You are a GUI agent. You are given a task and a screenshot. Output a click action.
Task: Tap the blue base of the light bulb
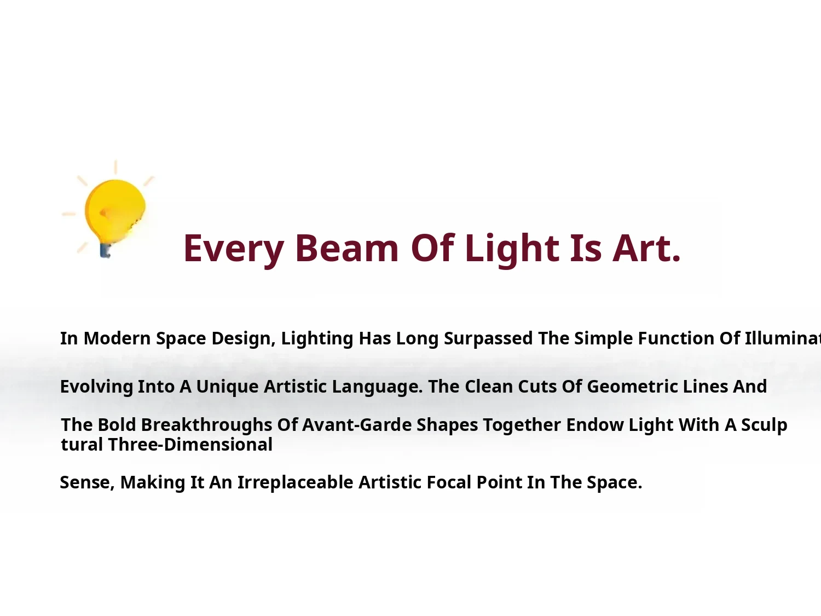coord(105,251)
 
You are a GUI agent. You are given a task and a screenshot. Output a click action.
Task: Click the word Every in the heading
coord(233,249)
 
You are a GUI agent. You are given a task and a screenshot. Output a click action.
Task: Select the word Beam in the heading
coord(346,248)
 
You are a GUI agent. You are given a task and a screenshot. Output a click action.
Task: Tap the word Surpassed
coord(488,339)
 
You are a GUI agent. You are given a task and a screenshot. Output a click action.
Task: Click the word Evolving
coord(96,387)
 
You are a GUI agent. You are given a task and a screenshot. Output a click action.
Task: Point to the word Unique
coord(227,387)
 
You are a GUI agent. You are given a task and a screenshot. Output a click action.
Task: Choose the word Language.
coord(378,387)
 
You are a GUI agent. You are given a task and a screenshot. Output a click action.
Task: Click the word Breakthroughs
coord(206,425)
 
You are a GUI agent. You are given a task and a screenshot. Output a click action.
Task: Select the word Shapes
coord(447,425)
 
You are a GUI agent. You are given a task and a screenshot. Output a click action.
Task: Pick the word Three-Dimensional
coord(190,445)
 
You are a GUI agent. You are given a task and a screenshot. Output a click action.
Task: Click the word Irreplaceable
coord(296,483)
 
